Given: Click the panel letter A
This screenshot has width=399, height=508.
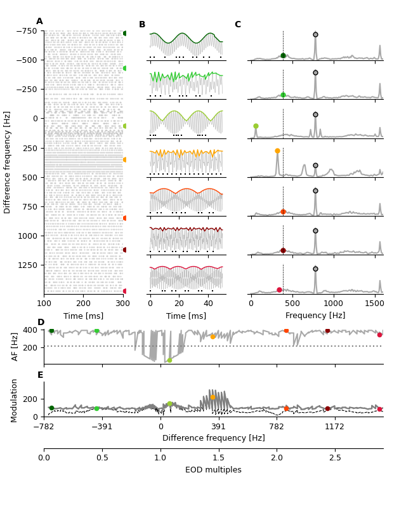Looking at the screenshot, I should click(x=39, y=22).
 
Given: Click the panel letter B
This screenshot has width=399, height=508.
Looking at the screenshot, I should click(x=142, y=25).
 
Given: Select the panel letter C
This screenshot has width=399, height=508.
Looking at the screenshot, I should click(x=238, y=25).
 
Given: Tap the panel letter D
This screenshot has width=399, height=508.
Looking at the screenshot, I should click(x=41, y=323).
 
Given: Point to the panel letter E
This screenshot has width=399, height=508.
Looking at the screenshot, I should click(x=41, y=375).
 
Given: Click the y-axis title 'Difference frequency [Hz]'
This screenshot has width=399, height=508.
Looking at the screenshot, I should click(x=8, y=162).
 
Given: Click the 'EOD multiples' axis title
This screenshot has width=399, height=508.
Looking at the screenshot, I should click(x=213, y=470).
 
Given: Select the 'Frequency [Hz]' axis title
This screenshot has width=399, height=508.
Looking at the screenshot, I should click(x=315, y=316).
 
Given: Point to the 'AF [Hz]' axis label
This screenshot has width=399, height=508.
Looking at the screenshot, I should click(x=16, y=346).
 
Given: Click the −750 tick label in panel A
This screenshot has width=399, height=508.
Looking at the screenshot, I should click(x=27, y=30).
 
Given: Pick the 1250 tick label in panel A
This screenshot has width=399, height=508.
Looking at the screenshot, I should click(x=28, y=265).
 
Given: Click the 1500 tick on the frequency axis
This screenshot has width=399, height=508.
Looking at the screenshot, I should click(x=374, y=304).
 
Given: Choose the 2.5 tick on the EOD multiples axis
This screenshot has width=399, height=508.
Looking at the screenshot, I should click(x=334, y=458).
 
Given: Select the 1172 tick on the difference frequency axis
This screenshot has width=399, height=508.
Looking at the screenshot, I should click(x=334, y=427).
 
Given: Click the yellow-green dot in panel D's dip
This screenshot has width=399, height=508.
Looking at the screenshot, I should click(x=169, y=360).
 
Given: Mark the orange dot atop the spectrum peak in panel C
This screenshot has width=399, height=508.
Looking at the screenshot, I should click(x=277, y=151).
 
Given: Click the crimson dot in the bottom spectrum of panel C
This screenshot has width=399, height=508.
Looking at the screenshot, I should click(x=279, y=290).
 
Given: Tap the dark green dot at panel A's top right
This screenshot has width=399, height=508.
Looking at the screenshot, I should click(x=125, y=33).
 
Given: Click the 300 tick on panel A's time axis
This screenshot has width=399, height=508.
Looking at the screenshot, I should click(x=123, y=304).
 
